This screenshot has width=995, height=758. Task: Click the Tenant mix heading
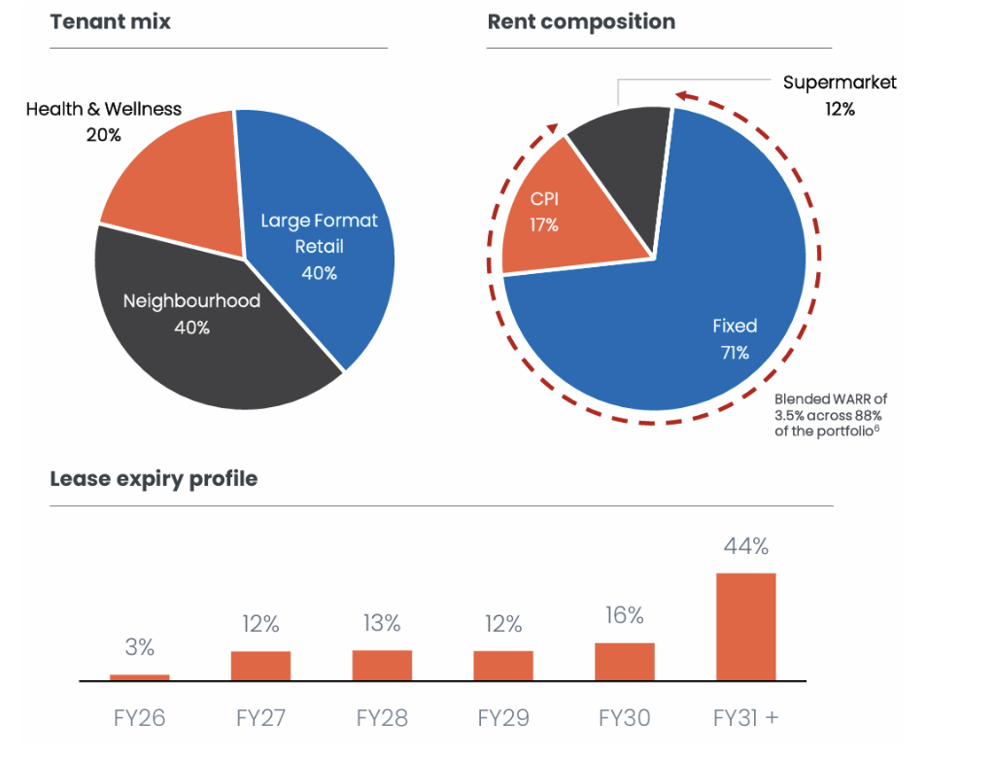[110, 21]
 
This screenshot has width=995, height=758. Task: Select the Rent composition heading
[581, 21]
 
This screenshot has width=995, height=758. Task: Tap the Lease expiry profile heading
[154, 478]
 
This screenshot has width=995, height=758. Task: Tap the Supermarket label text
[840, 83]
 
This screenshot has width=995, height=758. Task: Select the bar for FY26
[139, 677]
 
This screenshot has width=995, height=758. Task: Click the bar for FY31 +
[745, 627]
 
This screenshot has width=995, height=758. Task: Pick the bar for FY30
[624, 662]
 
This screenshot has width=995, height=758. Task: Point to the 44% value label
[745, 546]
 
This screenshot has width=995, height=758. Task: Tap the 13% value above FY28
[381, 623]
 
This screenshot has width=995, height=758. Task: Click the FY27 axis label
[260, 719]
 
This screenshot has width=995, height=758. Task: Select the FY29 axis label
[503, 719]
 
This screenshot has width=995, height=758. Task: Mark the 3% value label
[139, 647]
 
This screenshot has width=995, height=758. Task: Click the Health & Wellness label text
[103, 109]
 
